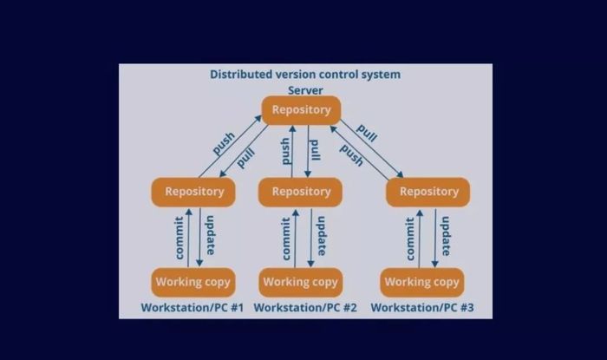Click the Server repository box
[x=301, y=110]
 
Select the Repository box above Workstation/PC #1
[x=193, y=192]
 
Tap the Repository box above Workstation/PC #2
[x=300, y=192]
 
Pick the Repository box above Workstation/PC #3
[x=428, y=192]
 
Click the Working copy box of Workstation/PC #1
[x=193, y=282]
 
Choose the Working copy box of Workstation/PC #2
[x=301, y=282]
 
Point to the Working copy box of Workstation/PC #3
[x=422, y=282]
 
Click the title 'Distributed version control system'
[x=305, y=75]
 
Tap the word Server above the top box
[x=305, y=90]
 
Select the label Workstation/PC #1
[x=192, y=308]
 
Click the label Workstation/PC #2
[x=305, y=308]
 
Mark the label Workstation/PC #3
[x=422, y=308]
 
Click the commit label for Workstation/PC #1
[x=179, y=238]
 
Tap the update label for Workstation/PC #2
[x=322, y=236]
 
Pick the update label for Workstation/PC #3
[x=446, y=236]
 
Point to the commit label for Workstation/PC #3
[x=409, y=239]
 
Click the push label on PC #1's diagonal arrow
[x=224, y=144]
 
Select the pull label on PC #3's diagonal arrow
[x=366, y=134]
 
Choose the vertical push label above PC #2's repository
[x=285, y=151]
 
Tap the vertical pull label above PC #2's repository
[x=315, y=150]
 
